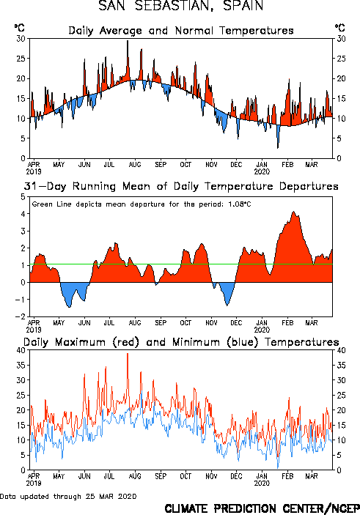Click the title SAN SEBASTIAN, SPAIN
coord(181,6)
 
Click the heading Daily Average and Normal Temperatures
coord(181,31)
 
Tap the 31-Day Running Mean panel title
coord(181,186)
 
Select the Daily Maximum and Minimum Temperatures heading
coord(181,342)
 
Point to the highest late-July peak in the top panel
coord(128,41)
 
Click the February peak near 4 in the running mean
coord(294,212)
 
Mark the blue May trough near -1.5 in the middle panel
coord(69,307)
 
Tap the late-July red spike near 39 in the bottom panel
coord(128,354)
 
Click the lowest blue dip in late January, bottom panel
coord(278,467)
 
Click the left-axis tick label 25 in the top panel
coord(21,59)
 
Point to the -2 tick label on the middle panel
coord(20,316)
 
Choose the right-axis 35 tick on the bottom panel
coord(341,366)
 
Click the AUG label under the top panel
coord(135,164)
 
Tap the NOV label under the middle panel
coord(211,323)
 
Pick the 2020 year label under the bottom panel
coord(262,483)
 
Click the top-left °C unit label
coord(19,28)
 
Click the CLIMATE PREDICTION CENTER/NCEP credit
coord(262,508)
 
